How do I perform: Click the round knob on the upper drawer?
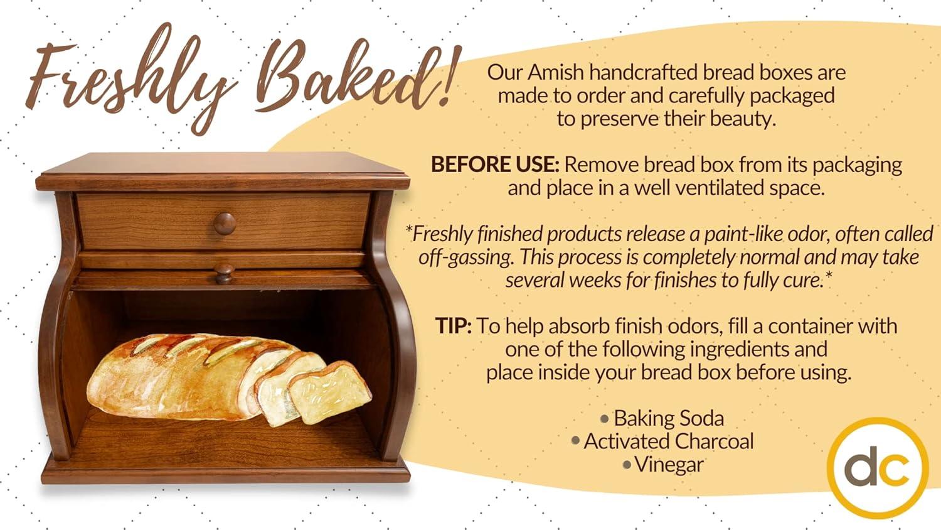click(225, 223)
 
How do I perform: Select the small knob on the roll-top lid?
click(225, 273)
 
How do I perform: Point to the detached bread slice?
click(330, 392)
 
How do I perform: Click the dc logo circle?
click(878, 468)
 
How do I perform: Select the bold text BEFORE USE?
click(495, 165)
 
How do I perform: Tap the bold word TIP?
click(454, 326)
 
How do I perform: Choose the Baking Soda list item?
click(669, 418)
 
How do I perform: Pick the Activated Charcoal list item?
click(669, 441)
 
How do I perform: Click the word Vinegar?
click(669, 465)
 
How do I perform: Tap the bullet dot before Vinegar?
click(627, 465)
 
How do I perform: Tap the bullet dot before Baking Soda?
click(605, 419)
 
